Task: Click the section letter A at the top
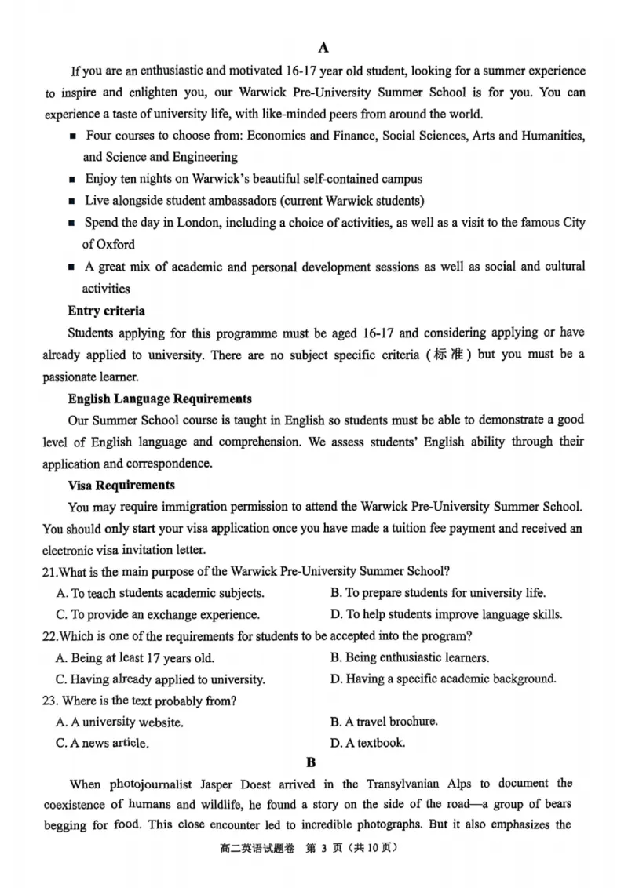(323, 46)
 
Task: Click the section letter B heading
(311, 762)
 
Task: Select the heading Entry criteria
(106, 311)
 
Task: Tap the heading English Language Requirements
(159, 399)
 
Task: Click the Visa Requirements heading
(121, 486)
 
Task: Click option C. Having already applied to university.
(160, 679)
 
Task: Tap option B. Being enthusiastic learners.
(409, 657)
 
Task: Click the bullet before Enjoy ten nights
(72, 180)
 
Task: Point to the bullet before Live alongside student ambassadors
(72, 201)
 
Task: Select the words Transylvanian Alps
(417, 784)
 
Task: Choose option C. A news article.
(102, 743)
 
